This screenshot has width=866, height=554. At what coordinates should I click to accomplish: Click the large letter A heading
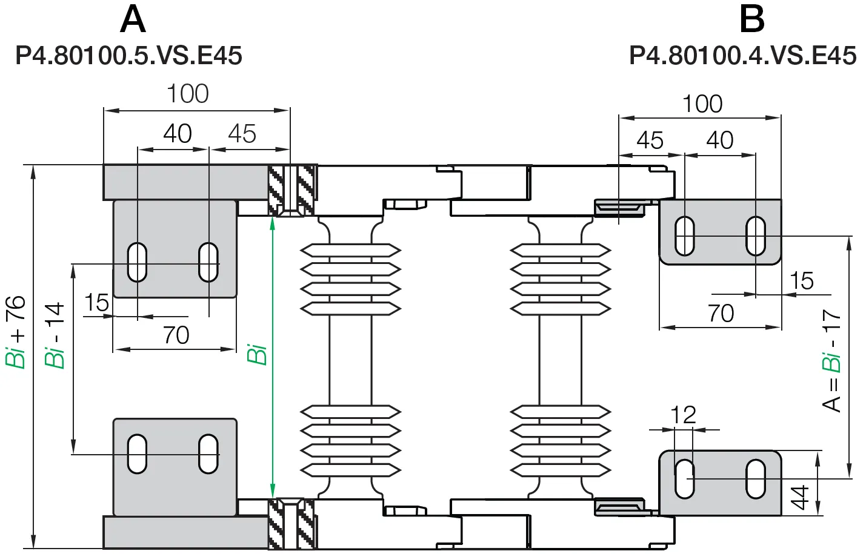(x=133, y=20)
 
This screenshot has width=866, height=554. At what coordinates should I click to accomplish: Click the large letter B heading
(x=751, y=20)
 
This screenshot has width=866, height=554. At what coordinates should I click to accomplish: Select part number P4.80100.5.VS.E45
(x=128, y=56)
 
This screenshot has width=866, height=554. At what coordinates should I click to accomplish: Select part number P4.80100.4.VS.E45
(x=742, y=56)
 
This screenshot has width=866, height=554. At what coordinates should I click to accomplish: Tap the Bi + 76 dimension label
(x=16, y=332)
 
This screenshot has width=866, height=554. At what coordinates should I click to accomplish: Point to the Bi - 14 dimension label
(x=55, y=335)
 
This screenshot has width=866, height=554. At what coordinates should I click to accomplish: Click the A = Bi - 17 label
(x=832, y=361)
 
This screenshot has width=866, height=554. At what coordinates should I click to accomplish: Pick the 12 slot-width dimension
(x=683, y=415)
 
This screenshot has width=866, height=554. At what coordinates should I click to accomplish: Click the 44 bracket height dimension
(x=800, y=497)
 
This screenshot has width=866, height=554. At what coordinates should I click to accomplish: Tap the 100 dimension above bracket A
(x=187, y=94)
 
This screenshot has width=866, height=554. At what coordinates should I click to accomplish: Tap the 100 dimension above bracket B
(x=702, y=104)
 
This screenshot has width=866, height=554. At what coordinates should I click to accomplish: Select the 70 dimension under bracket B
(x=721, y=314)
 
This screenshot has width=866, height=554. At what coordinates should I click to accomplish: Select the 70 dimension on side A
(x=176, y=335)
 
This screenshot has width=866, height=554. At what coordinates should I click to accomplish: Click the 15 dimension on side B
(x=801, y=281)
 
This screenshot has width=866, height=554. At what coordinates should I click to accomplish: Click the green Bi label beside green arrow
(x=257, y=354)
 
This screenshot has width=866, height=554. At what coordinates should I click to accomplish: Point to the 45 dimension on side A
(x=242, y=134)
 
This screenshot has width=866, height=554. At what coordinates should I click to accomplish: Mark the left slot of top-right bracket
(x=685, y=236)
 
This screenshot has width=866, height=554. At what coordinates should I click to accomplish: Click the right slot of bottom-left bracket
(x=208, y=453)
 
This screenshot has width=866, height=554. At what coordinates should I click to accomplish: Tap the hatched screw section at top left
(x=292, y=190)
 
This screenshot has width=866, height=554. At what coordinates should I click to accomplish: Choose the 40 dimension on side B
(x=720, y=140)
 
